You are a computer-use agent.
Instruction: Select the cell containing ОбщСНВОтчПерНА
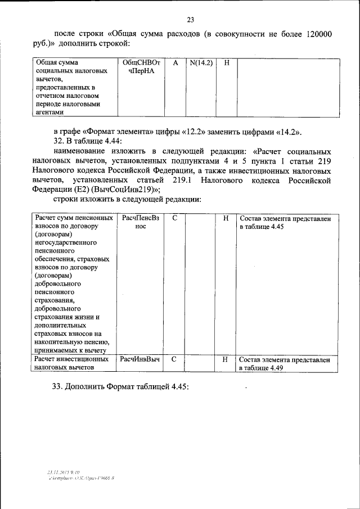pos(141,67)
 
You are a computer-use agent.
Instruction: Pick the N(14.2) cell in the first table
pos(200,63)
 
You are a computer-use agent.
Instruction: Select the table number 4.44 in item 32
pos(110,141)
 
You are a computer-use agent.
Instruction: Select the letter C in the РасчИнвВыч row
pos(174,359)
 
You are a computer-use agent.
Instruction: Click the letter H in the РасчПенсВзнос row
pos(226,218)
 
